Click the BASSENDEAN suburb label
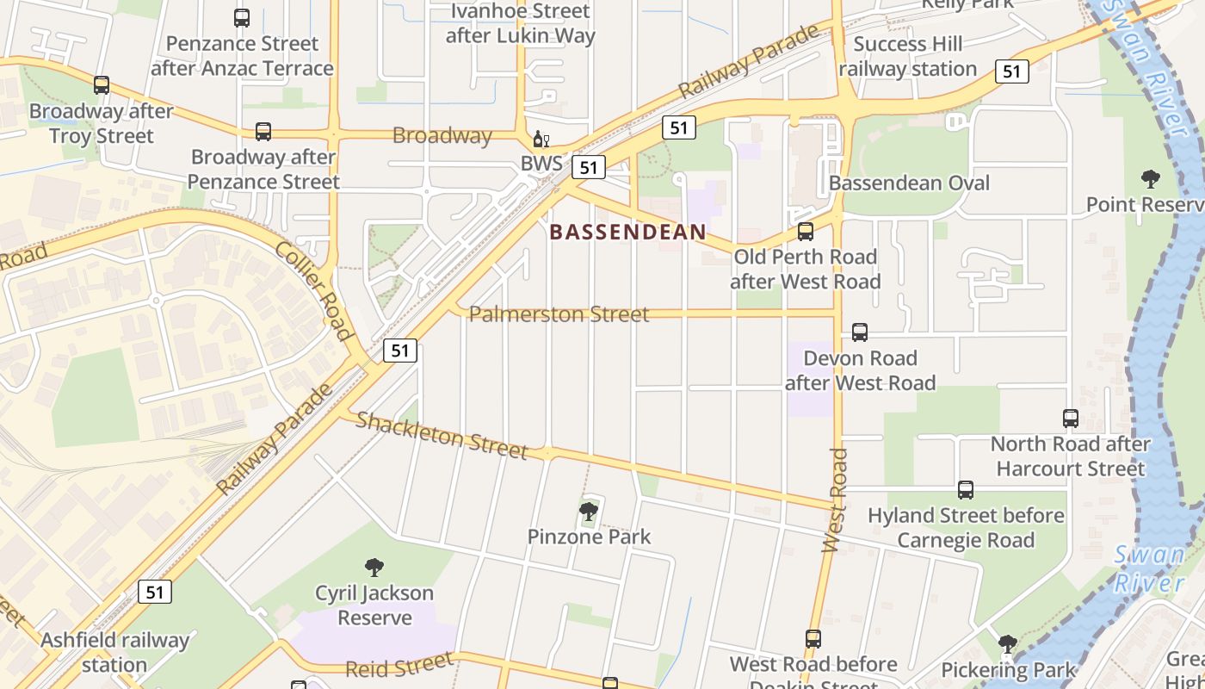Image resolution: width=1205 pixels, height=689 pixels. pos(627,233)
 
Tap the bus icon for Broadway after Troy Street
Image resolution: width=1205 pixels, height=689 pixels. pos(102,85)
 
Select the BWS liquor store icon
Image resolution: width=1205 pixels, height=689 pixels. pos(541,140)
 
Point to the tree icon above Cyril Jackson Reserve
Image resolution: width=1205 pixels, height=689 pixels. pos(374,568)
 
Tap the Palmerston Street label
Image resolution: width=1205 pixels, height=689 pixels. pos(559,314)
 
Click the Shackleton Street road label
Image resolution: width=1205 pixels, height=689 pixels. pos(442,435)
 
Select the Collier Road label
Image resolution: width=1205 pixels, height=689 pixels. pos(314,290)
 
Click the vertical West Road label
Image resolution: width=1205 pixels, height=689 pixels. pos(834,500)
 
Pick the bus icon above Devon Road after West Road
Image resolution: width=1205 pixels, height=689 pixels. pos(859,332)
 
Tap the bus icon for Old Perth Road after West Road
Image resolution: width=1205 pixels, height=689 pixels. pos(806,232)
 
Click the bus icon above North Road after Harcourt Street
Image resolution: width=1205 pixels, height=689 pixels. pos(1070,419)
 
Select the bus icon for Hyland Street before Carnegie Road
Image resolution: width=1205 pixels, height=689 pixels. pos(966,490)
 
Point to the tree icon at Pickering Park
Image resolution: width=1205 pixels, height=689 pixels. pos(1007,644)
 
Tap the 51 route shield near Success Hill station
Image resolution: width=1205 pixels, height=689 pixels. pos(1013,71)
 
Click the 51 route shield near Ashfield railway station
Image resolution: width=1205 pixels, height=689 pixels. pos(154,592)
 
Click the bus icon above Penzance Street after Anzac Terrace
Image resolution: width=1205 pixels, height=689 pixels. pos(242,18)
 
